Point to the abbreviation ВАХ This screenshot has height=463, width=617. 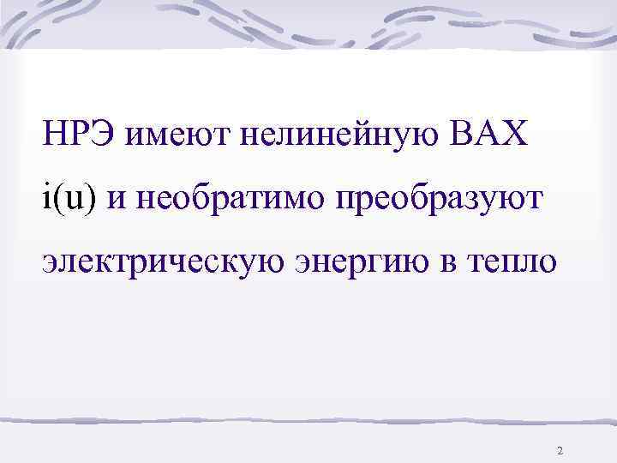(x=489, y=135)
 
